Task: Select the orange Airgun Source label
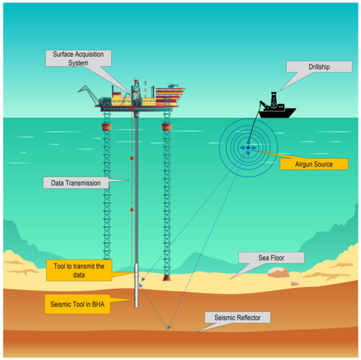[x=313, y=164]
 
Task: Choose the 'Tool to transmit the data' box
[x=79, y=269]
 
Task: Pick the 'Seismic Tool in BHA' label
[x=79, y=304]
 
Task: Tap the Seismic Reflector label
[x=237, y=317]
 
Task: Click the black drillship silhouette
[x=276, y=111]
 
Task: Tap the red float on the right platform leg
[x=167, y=125]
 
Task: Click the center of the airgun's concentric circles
[x=248, y=148]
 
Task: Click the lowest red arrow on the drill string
[x=132, y=209]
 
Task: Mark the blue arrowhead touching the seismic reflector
[x=169, y=327]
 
